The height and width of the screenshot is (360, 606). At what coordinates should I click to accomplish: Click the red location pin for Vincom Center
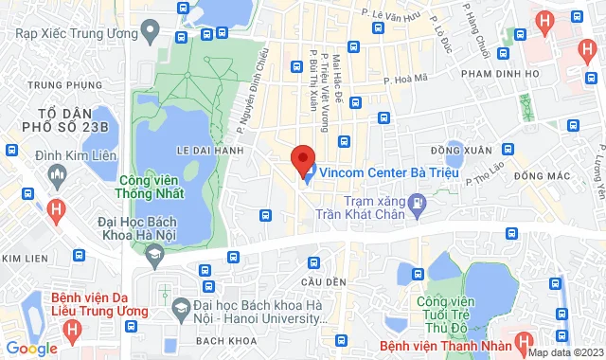pos(303,158)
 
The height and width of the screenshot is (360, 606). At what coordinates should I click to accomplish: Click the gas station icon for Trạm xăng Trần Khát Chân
pos(416,202)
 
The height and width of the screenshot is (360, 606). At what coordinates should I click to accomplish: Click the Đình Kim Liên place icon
pos(59,173)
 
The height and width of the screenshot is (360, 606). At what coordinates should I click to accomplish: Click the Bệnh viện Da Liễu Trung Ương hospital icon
pos(71,329)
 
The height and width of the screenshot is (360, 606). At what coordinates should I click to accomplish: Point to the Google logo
pos(31,348)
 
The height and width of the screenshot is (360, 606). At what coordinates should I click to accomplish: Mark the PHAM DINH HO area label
pos(499,73)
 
